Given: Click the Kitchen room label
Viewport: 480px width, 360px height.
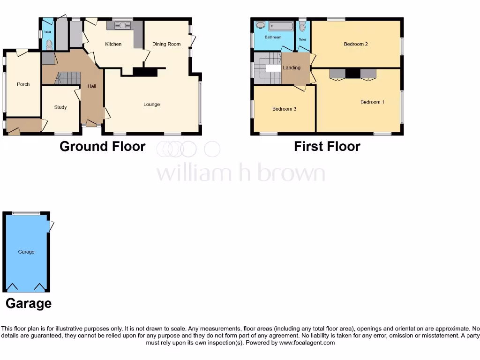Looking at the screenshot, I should (113, 44).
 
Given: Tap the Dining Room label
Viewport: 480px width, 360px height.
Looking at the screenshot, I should (166, 44).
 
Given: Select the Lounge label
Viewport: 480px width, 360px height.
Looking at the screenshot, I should (151, 104).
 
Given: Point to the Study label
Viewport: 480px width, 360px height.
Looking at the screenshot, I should (60, 107).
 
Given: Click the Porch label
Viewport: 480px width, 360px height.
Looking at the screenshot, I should (23, 84).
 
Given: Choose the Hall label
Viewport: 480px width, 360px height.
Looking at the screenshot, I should (92, 86).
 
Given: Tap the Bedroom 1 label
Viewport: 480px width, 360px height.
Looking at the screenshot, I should (372, 102).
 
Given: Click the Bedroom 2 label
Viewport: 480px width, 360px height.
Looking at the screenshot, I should (356, 44).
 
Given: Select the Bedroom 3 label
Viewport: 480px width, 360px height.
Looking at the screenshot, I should (284, 109).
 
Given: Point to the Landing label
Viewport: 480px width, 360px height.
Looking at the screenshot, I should (292, 68).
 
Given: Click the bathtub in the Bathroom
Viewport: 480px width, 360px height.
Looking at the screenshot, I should (281, 26).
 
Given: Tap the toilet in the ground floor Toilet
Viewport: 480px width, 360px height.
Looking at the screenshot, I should (50, 45).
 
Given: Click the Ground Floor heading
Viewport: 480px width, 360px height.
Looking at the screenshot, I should (102, 147).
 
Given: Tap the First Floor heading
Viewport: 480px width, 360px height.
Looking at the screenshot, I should (327, 147).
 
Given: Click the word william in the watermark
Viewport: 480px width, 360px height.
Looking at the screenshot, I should (189, 173).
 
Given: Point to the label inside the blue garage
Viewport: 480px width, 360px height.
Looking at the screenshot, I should (26, 252).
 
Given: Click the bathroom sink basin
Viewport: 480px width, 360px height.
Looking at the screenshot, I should (260, 25).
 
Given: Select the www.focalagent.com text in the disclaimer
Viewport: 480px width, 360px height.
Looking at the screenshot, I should (307, 343).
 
